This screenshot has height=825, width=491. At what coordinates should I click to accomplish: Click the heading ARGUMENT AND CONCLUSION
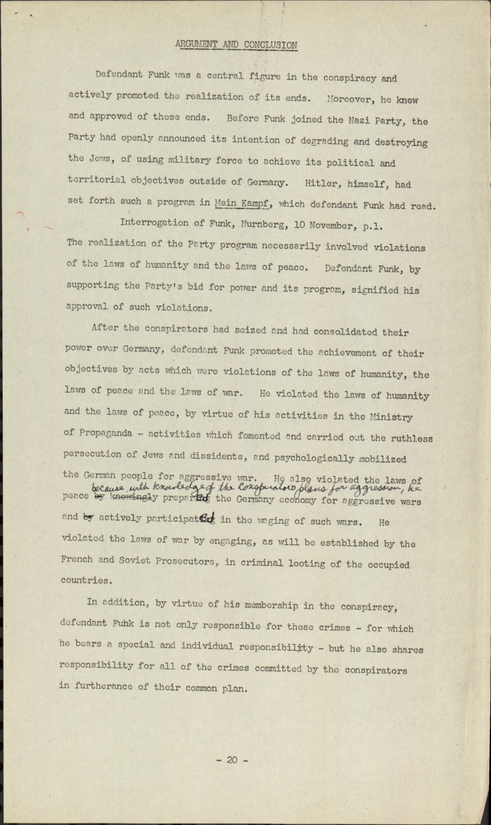tap(236, 45)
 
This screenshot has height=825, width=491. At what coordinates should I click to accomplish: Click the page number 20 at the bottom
tap(232, 760)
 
